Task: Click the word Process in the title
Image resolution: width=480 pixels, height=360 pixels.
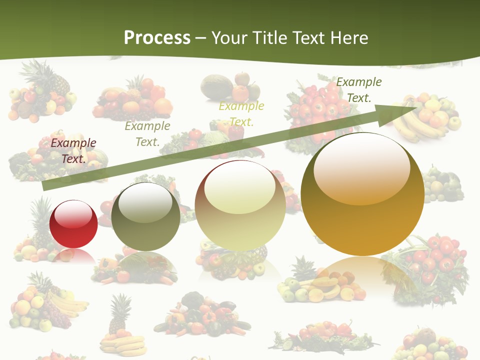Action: (157, 38)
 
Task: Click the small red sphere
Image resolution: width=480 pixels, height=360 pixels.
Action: (73, 224)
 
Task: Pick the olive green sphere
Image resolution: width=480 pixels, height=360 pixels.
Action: (145, 216)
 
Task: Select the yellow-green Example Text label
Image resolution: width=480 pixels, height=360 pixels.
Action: (241, 114)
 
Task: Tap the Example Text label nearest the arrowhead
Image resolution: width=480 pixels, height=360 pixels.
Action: (358, 90)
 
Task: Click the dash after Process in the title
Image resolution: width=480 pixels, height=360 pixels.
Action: (201, 38)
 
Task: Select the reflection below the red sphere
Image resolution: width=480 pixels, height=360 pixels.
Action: (73, 256)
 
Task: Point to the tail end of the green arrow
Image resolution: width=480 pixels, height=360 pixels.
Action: (44, 186)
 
